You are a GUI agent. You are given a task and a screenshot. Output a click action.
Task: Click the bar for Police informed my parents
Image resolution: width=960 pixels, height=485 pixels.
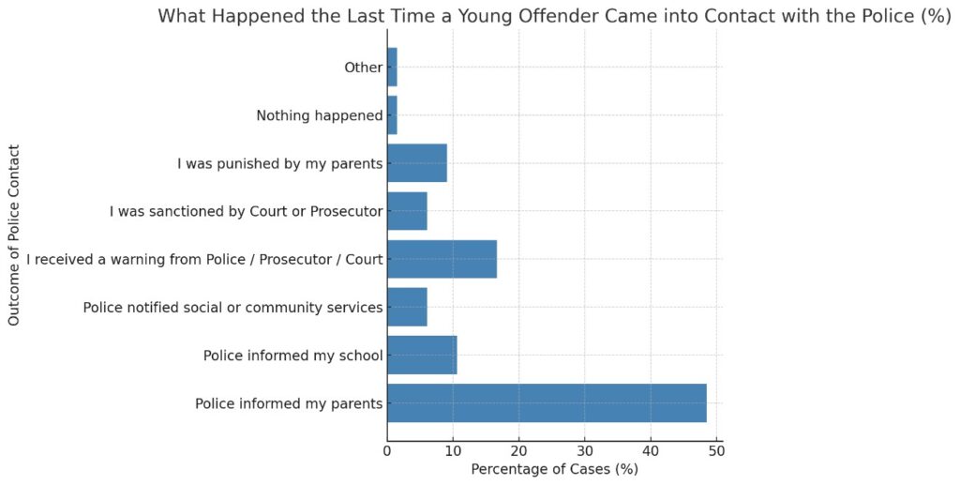tap(546, 403)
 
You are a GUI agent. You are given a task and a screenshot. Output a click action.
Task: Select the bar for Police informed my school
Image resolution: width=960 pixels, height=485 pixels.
tap(422, 356)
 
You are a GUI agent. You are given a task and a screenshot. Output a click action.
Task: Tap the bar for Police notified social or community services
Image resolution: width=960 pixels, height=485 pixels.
tap(407, 307)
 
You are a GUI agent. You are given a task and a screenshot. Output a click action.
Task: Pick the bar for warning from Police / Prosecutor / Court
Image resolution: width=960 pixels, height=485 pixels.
tap(442, 259)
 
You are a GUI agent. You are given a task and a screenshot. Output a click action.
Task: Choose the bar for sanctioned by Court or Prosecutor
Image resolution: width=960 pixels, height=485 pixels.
tap(407, 211)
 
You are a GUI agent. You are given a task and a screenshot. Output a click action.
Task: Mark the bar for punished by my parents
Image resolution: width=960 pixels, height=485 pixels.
tap(417, 163)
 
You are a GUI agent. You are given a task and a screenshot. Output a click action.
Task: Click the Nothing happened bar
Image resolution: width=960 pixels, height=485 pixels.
tap(392, 115)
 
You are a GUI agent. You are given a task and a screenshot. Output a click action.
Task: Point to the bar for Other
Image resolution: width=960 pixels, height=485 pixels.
tap(392, 68)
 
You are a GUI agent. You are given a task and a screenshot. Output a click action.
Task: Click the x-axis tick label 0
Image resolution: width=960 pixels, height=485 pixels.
tap(387, 451)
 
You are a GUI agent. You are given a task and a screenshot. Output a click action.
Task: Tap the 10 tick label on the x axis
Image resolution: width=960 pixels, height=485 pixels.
tap(453, 451)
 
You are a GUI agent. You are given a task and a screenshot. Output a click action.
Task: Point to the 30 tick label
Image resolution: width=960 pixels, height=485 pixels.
tap(585, 451)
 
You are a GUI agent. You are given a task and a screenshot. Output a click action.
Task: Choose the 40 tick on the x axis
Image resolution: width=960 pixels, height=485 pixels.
tap(651, 451)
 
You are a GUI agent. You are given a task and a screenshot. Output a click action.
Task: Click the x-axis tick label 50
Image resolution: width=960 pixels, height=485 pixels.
tap(716, 451)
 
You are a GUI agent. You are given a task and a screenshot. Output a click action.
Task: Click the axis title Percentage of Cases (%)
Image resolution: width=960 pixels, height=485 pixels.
tap(554, 469)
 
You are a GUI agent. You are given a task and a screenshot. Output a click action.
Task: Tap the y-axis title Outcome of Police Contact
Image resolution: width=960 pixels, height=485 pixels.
tap(14, 235)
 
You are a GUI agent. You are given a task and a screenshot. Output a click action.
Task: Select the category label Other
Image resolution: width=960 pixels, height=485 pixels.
tap(364, 68)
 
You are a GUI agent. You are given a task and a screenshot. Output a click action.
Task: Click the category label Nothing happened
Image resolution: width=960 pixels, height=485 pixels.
tap(320, 116)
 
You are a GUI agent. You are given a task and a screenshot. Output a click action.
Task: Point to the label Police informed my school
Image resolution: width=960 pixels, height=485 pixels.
tap(292, 356)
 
